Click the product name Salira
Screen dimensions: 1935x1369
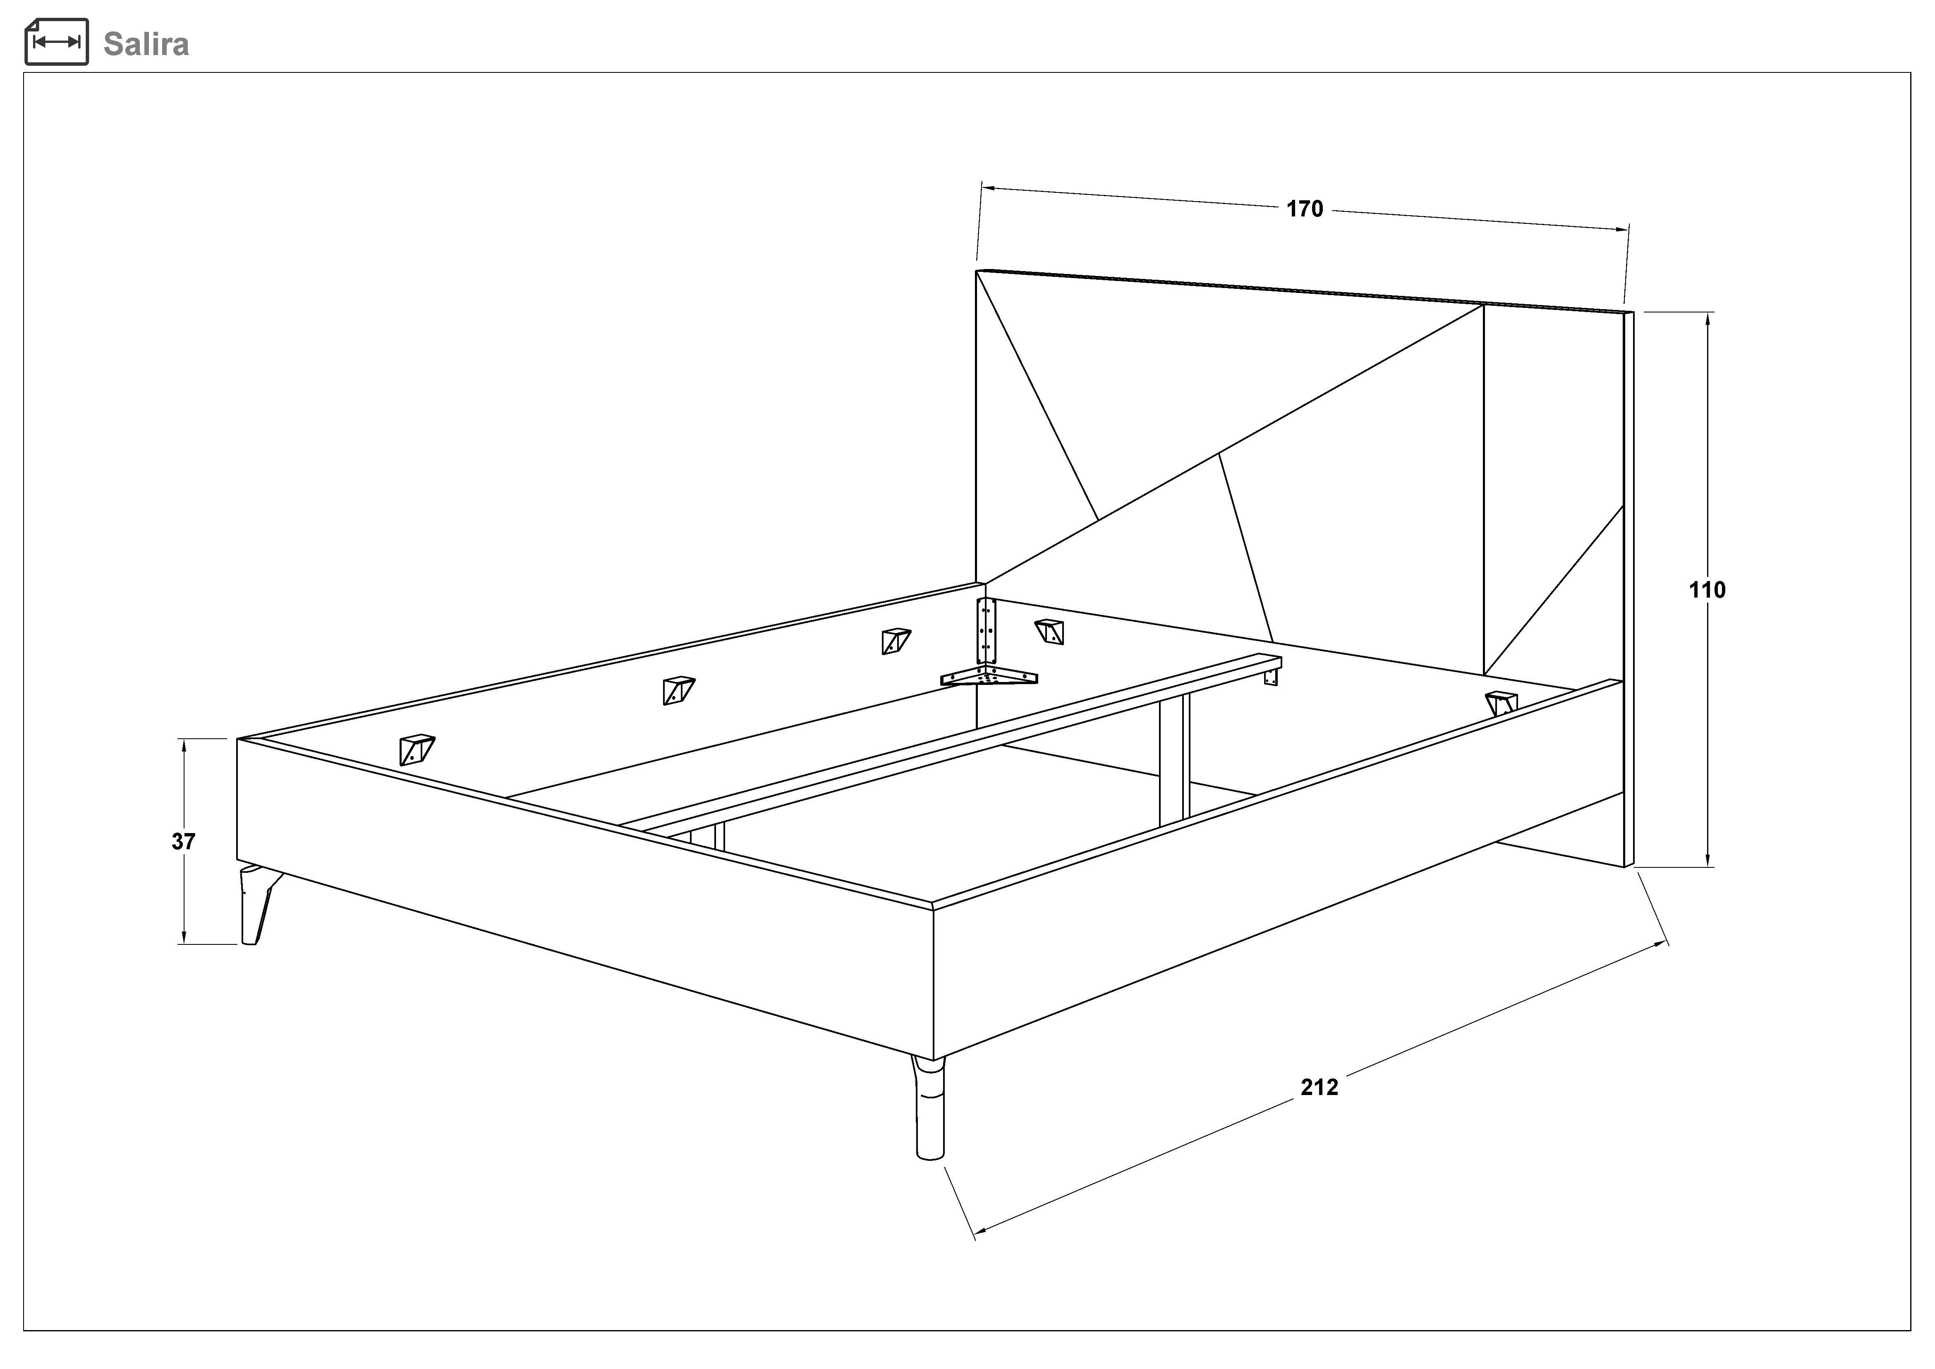pyautogui.click(x=146, y=44)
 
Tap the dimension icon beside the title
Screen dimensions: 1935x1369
pyautogui.click(x=57, y=42)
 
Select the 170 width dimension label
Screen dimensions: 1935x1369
pyautogui.click(x=1305, y=209)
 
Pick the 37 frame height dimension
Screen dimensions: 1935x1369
pyautogui.click(x=184, y=841)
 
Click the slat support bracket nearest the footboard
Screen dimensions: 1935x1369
pyautogui.click(x=417, y=749)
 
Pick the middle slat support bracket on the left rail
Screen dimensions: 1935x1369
pyautogui.click(x=678, y=689)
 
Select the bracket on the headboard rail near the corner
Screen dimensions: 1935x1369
pyautogui.click(x=1049, y=631)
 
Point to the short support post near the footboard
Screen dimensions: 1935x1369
pyautogui.click(x=707, y=837)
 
